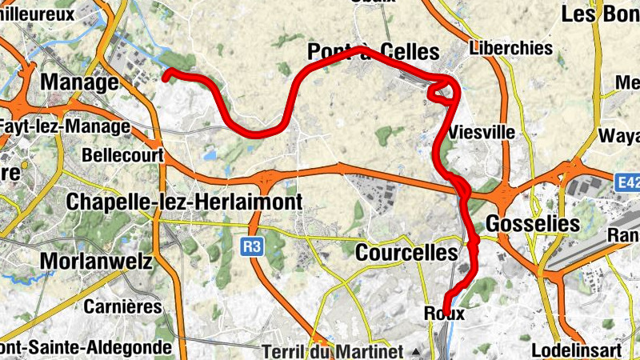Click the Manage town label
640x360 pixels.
(79, 82)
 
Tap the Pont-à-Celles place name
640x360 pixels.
(374, 53)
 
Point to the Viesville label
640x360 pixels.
(482, 132)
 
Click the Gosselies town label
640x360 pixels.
(532, 223)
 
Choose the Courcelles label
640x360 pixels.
(406, 253)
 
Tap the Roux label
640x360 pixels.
(446, 314)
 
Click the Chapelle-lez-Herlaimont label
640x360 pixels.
(186, 202)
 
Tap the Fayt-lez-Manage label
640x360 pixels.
(64, 126)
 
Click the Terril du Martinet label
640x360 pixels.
(334, 351)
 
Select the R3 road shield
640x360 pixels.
(252, 248)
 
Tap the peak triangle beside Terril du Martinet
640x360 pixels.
(415, 351)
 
